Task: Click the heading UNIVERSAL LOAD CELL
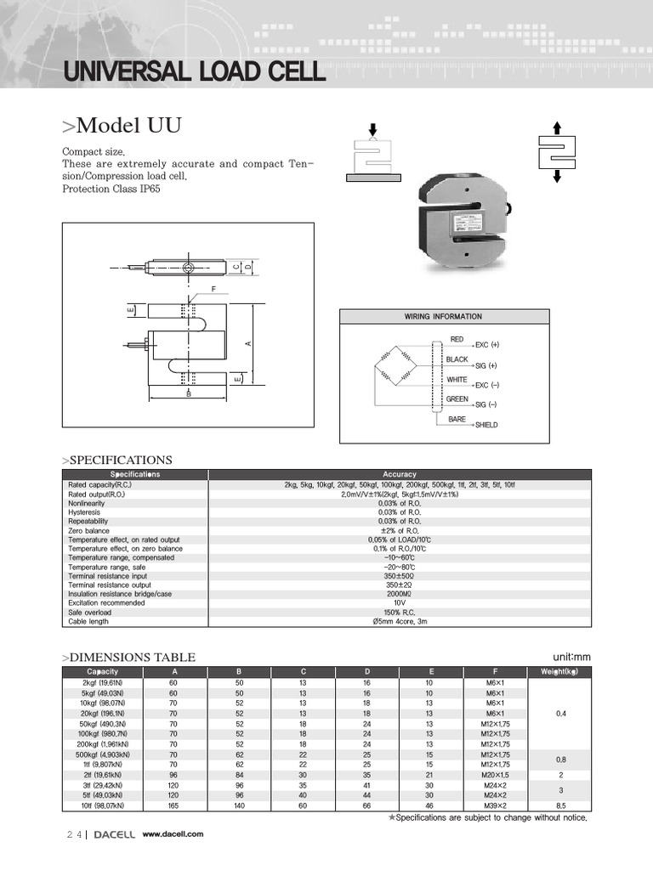tap(194, 71)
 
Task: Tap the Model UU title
tap(122, 126)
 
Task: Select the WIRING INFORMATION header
tap(443, 317)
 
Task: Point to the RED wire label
tap(457, 339)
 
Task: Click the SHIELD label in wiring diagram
tap(486, 425)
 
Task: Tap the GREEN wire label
tap(457, 398)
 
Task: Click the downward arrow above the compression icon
tap(372, 128)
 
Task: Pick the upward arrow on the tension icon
tap(557, 127)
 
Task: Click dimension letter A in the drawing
tap(247, 343)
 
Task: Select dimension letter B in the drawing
tap(189, 394)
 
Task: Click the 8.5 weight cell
tap(560, 805)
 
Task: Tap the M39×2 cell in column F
tap(496, 805)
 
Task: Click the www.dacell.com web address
tap(173, 834)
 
